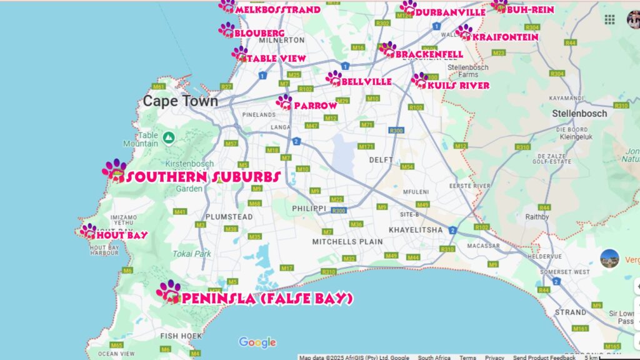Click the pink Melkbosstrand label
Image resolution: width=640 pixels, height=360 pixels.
click(x=278, y=9)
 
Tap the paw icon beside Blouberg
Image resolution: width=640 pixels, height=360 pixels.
click(x=226, y=29)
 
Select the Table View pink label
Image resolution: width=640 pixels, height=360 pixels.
click(x=276, y=58)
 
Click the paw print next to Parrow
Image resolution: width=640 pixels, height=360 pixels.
click(x=284, y=101)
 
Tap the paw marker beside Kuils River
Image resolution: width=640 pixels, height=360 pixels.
click(x=419, y=80)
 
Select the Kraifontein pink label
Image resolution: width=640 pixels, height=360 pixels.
click(x=506, y=37)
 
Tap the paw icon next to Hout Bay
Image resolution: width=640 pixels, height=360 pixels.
click(x=88, y=231)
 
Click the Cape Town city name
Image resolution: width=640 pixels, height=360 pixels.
click(x=181, y=101)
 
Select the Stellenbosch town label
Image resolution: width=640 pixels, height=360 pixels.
click(x=579, y=114)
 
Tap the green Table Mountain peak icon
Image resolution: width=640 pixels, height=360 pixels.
click(x=168, y=137)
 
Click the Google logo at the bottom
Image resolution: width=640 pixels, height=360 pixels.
click(x=257, y=342)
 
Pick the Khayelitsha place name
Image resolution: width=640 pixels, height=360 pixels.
click(x=416, y=230)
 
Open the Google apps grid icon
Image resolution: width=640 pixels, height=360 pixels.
click(x=609, y=19)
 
